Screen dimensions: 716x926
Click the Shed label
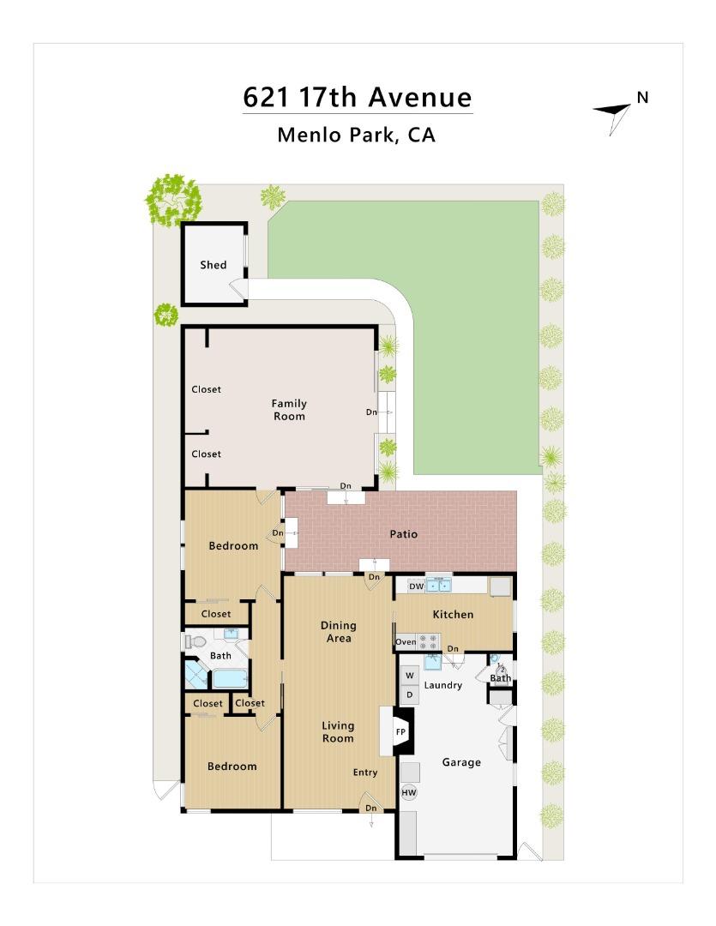[x=213, y=265]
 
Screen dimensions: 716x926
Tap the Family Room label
[x=289, y=409]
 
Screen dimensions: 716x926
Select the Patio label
[x=404, y=534]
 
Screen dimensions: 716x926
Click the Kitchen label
[x=453, y=614]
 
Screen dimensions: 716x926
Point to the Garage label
[x=461, y=762]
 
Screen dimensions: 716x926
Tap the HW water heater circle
[x=409, y=792]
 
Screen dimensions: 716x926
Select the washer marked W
[x=410, y=676]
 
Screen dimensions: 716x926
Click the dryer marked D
[x=410, y=694]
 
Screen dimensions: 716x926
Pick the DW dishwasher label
[x=417, y=586]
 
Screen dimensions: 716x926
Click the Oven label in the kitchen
[x=406, y=642]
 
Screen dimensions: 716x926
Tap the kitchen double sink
[x=438, y=586]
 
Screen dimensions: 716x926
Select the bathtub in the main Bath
[x=230, y=678]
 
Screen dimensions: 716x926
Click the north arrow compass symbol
[x=612, y=116]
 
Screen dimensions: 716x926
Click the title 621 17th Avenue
[x=358, y=98]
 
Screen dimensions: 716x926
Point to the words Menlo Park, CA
[x=356, y=135]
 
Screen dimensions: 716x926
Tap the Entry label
[x=365, y=773]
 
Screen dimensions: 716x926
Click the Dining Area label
[x=339, y=631]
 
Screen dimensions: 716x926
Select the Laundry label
[x=443, y=685]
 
